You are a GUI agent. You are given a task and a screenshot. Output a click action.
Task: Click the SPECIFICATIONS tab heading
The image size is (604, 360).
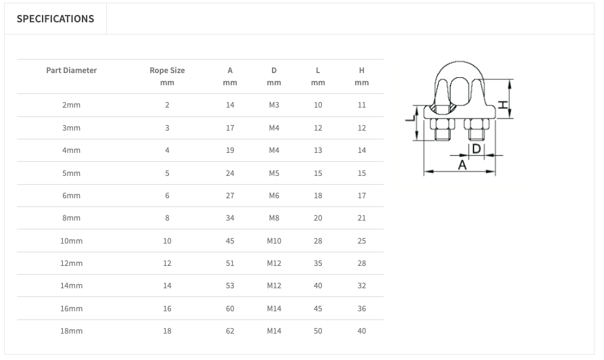(x=55, y=19)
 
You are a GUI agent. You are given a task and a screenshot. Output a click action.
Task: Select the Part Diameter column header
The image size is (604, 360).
(x=71, y=70)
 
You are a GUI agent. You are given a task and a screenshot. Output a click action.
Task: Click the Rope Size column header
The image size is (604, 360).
(x=167, y=70)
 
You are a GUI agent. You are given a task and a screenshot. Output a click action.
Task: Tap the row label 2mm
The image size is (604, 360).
(x=71, y=105)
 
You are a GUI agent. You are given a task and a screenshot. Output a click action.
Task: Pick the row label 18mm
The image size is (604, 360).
(x=71, y=331)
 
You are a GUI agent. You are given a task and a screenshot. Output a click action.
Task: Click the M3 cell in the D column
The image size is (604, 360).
(x=274, y=105)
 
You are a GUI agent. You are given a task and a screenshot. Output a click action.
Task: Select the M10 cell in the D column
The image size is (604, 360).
(x=274, y=241)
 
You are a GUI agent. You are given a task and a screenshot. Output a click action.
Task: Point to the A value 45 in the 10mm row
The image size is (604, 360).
(x=230, y=241)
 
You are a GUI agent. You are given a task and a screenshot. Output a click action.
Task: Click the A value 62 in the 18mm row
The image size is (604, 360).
(x=230, y=331)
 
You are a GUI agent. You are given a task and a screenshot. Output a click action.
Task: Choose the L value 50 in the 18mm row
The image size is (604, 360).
(x=318, y=331)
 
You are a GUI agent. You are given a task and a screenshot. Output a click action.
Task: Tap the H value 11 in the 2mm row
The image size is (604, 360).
(x=362, y=105)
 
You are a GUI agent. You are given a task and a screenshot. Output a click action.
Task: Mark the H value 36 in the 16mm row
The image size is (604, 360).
(x=362, y=309)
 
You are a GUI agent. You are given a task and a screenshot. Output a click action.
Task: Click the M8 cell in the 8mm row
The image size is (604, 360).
(x=274, y=218)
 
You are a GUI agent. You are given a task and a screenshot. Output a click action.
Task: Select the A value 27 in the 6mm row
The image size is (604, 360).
(x=230, y=196)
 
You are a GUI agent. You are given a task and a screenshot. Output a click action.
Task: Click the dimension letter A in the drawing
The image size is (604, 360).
(x=463, y=164)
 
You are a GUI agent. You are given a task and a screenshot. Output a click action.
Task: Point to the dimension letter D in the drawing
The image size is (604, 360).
(x=476, y=148)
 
